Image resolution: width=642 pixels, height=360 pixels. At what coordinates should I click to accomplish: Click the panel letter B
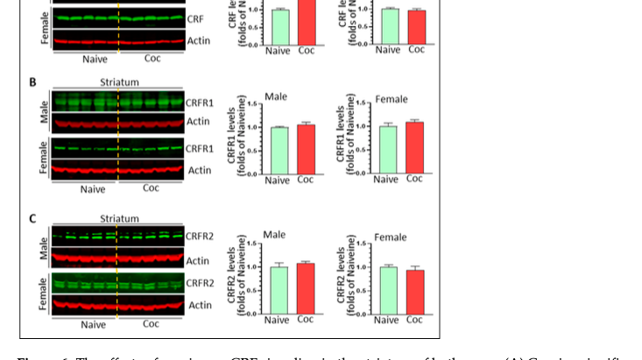(x=32, y=82)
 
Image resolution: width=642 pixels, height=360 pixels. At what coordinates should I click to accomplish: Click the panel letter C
(x=32, y=219)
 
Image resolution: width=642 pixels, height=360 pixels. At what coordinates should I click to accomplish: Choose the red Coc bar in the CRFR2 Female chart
(x=414, y=291)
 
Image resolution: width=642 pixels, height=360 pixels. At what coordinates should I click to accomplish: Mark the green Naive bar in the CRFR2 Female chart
(x=387, y=289)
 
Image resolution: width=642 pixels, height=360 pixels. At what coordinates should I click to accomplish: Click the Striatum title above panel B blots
(x=119, y=82)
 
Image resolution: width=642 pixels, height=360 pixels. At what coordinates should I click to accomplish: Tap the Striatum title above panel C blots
(x=119, y=219)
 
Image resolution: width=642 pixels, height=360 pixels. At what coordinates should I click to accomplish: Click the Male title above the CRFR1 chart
(x=275, y=97)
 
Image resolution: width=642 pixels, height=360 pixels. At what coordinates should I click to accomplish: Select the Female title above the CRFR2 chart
(x=391, y=236)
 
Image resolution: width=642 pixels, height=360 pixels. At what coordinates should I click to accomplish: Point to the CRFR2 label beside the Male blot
(x=200, y=236)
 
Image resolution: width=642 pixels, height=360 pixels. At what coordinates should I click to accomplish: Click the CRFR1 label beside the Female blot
(x=200, y=148)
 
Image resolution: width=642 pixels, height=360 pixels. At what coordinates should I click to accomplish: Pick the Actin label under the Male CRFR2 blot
(x=198, y=260)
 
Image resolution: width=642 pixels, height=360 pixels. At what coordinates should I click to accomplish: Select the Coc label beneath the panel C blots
(x=152, y=323)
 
